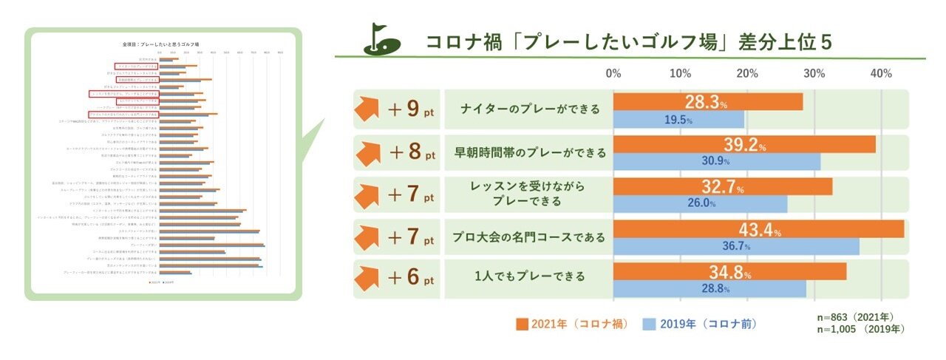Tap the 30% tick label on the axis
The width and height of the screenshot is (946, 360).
click(814, 74)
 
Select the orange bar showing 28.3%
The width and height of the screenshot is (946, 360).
click(708, 101)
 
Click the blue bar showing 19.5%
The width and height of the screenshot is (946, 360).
click(678, 119)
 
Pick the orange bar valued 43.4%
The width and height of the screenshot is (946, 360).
click(758, 229)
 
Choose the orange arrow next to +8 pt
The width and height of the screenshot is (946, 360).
click(369, 153)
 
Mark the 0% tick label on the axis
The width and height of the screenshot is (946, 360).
click(613, 74)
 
